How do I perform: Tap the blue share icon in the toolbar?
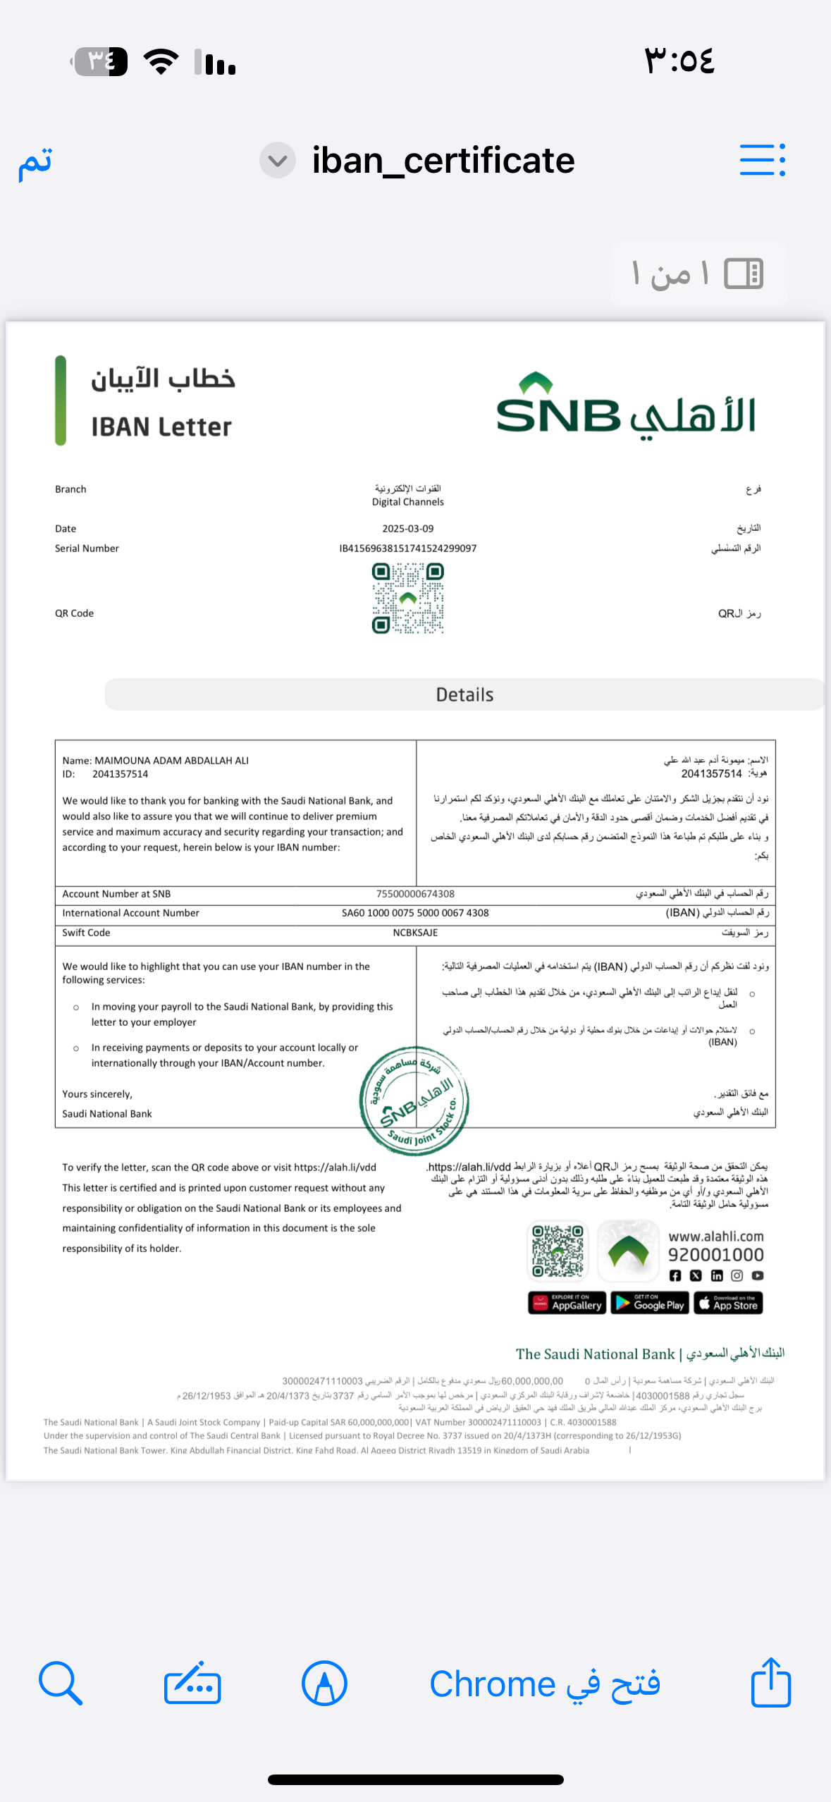click(x=770, y=1683)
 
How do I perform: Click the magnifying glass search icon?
click(x=61, y=1683)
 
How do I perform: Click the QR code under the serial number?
click(x=408, y=599)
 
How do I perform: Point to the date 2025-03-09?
click(x=407, y=529)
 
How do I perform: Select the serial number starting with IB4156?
click(x=407, y=548)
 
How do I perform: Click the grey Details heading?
click(x=464, y=694)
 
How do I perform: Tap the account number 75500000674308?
click(x=415, y=894)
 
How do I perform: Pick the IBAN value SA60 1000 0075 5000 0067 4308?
click(x=415, y=913)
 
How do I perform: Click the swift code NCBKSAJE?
click(x=415, y=933)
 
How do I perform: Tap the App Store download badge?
click(x=728, y=1303)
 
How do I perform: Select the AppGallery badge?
click(x=567, y=1303)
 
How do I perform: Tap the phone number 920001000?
click(x=715, y=1255)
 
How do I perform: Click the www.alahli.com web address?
click(x=715, y=1237)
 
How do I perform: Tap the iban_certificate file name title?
click(x=443, y=161)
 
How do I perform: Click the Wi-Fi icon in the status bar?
click(x=161, y=62)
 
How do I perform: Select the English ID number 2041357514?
click(x=120, y=774)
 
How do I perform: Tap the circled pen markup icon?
click(x=324, y=1683)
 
